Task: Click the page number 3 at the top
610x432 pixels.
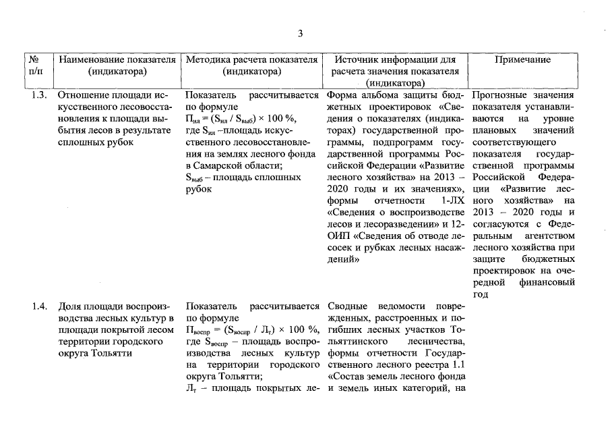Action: coord(301,34)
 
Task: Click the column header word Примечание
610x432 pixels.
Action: coord(522,59)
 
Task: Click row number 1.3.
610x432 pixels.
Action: coord(39,95)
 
